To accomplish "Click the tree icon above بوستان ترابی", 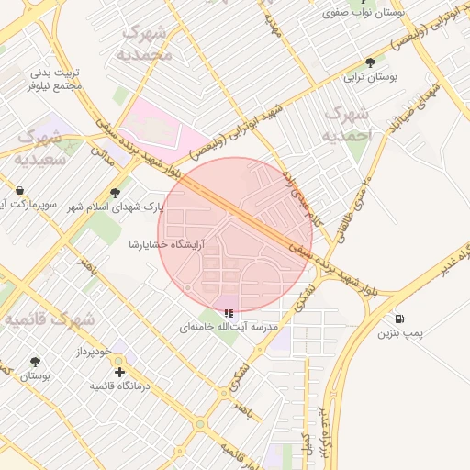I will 370,62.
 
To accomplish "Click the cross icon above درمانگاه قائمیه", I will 119,372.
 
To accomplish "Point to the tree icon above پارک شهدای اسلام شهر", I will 115,193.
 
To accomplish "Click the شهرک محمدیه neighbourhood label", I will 145,43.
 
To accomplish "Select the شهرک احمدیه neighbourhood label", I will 347,124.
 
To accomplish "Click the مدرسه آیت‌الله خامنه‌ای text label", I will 229,327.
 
